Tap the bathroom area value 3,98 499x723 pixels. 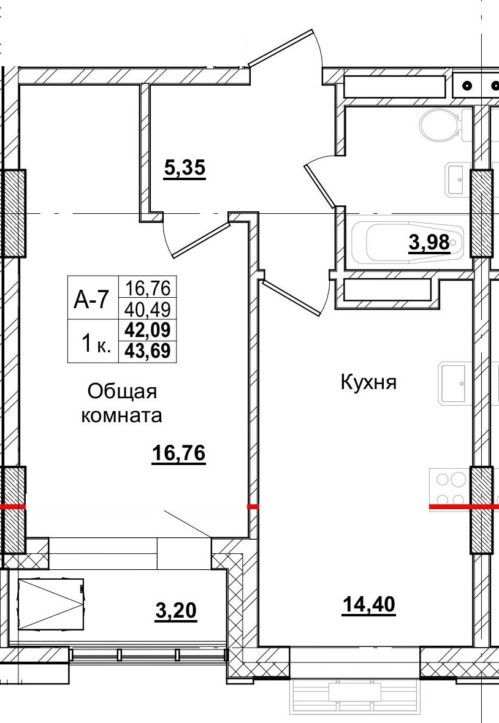pyautogui.click(x=430, y=244)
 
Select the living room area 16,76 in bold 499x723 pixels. pyautogui.click(x=178, y=455)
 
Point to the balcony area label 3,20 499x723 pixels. pyautogui.click(x=176, y=611)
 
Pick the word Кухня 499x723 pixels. pyautogui.click(x=369, y=383)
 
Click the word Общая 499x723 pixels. pyautogui.click(x=123, y=391)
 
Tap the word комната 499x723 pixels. pyautogui.click(x=122, y=416)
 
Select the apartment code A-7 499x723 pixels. pyautogui.click(x=91, y=300)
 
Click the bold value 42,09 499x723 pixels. pyautogui.click(x=148, y=330)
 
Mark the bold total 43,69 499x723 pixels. pyautogui.click(x=148, y=351)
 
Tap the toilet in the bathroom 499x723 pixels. pyautogui.click(x=441, y=125)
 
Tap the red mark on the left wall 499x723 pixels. pyautogui.click(x=13, y=507)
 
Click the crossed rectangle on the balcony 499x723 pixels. pyautogui.click(x=51, y=604)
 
